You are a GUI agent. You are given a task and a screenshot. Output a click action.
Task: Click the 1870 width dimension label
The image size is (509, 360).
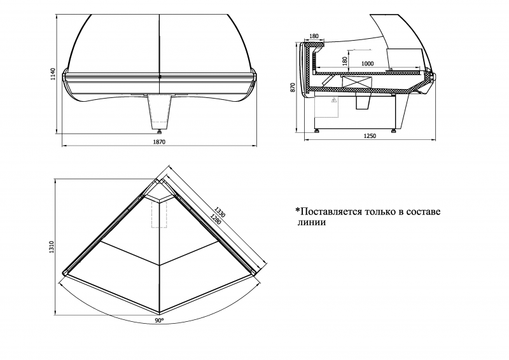(159, 142)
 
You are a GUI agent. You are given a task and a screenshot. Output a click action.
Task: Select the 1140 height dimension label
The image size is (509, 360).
(53, 74)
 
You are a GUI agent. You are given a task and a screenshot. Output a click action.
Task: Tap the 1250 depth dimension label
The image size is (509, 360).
(370, 136)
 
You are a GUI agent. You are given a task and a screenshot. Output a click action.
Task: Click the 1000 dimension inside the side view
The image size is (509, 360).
(368, 64)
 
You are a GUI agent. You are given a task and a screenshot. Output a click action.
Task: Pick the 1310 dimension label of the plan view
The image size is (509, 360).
(52, 247)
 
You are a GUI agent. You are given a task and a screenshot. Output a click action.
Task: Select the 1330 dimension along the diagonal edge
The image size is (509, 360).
(220, 212)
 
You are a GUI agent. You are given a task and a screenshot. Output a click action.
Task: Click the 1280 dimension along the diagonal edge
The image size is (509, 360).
(215, 219)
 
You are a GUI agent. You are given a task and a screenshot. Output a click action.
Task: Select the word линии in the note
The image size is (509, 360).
(312, 223)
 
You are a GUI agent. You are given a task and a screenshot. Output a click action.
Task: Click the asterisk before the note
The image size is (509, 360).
(297, 210)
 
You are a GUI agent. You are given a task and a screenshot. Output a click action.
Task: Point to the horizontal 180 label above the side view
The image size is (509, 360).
(314, 36)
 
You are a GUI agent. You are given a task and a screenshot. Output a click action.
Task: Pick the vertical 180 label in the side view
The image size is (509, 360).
(345, 60)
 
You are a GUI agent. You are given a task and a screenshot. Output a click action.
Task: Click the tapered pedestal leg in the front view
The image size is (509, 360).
(159, 112)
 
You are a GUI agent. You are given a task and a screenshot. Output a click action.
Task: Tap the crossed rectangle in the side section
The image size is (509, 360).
(356, 82)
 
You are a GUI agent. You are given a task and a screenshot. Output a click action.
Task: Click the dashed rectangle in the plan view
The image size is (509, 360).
(159, 214)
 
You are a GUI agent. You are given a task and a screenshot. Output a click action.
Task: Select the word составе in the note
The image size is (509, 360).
(423, 212)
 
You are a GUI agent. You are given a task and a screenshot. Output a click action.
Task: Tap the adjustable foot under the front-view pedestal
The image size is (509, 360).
(159, 132)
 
